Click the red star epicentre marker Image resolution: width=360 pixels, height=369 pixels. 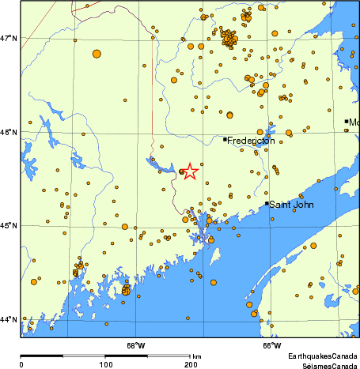190,171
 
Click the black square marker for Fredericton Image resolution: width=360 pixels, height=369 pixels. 225,140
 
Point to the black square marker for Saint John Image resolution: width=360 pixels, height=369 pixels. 267,204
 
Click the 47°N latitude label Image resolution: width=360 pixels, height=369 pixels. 9,38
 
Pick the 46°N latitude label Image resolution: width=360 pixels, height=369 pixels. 9,132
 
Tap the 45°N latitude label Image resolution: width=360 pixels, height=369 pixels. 9,226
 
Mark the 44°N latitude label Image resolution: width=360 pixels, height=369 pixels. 9,319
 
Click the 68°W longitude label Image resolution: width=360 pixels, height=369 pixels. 135,345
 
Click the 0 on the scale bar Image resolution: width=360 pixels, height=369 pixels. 21,364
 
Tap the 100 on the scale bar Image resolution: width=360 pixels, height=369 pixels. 105,364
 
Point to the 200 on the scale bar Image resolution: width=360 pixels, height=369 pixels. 190,364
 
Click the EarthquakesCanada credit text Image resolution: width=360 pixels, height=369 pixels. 323,356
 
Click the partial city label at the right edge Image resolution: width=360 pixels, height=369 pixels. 354,122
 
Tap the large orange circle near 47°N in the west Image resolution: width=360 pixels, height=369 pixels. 97,54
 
